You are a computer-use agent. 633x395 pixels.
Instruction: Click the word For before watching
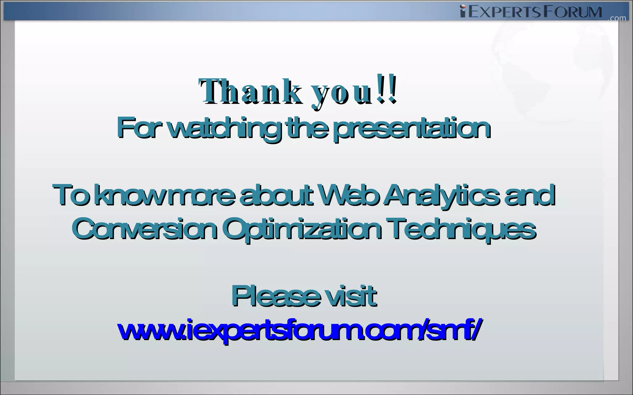coord(139,127)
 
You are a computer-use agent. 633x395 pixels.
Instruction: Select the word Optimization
coord(301,230)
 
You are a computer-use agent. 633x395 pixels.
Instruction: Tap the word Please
coord(275,296)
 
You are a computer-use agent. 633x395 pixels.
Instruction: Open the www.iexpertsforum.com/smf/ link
coord(299,330)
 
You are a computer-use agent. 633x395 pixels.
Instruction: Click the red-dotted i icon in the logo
coord(463,11)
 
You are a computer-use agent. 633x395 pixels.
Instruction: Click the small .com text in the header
coord(617,19)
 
